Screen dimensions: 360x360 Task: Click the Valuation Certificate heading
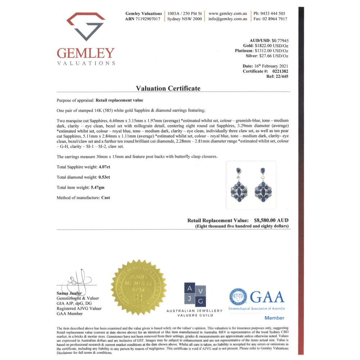[x=168, y=88]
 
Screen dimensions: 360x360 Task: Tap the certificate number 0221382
[x=278, y=71]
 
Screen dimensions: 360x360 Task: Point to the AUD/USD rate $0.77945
[x=280, y=41]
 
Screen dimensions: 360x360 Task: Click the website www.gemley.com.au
[x=228, y=14]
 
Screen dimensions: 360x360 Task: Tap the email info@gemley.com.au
[x=228, y=19]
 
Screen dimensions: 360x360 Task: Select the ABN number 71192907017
[x=148, y=19]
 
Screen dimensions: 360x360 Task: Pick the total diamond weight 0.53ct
[x=104, y=177]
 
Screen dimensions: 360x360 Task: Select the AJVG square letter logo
[x=194, y=294]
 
